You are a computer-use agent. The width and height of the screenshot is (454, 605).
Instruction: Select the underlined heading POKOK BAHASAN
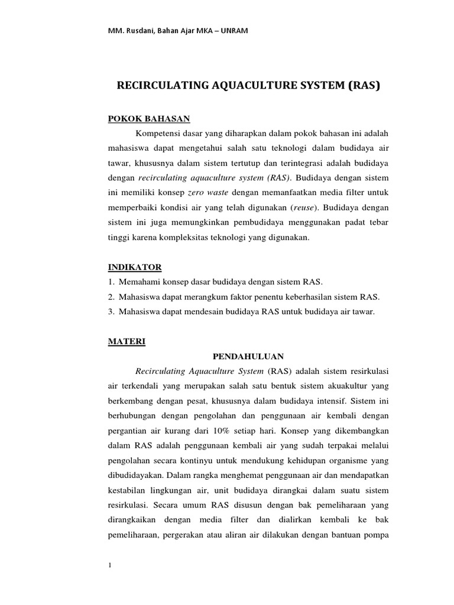click(x=140, y=119)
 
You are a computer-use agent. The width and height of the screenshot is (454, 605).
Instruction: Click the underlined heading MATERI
click(x=122, y=341)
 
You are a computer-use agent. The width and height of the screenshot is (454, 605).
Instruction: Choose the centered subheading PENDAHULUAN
click(x=248, y=356)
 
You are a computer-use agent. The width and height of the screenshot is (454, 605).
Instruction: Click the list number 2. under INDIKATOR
click(x=111, y=296)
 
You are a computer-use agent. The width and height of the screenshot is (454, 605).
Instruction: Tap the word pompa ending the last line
click(x=374, y=538)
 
